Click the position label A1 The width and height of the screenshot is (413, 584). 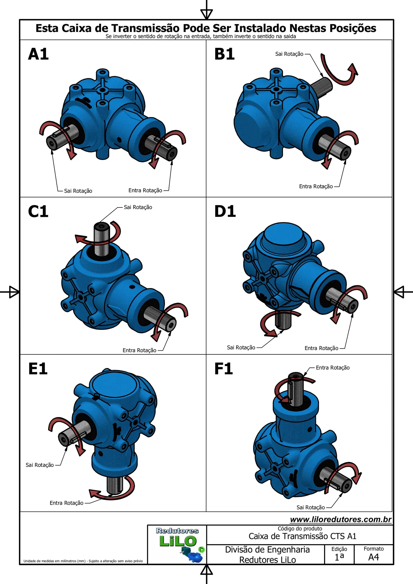(38, 54)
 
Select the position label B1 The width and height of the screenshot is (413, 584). (225, 54)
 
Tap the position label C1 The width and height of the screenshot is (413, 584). (38, 211)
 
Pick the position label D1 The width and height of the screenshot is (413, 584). (225, 211)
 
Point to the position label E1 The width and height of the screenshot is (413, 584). (38, 369)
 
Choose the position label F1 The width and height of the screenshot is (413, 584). (224, 369)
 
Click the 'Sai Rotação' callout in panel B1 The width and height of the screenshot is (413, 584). (289, 54)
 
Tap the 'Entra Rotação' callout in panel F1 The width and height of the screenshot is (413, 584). (333, 368)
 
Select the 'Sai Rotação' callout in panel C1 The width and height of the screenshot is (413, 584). (138, 207)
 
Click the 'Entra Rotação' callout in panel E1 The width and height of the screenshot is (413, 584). (66, 503)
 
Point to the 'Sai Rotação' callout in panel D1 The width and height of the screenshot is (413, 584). (241, 348)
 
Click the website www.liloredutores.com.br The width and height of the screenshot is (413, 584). (341, 520)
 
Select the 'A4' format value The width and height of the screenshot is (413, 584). (374, 557)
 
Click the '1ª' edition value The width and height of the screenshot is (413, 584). (339, 557)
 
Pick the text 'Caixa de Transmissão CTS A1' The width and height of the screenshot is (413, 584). (302, 536)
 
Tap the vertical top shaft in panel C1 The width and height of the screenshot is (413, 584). (101, 239)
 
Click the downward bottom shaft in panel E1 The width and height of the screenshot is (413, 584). (115, 484)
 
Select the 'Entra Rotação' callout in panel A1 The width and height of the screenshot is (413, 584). (145, 191)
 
